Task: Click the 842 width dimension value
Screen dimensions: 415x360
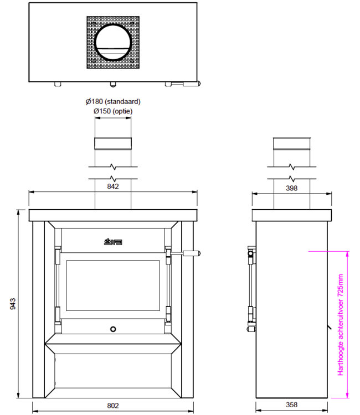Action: click(113, 187)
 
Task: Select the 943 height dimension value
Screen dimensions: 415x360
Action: click(13, 304)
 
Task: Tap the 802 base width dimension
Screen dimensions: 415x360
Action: click(113, 406)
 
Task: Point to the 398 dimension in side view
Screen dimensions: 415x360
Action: click(291, 188)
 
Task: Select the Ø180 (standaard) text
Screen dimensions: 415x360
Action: click(113, 102)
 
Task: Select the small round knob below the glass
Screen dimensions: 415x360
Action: click(113, 329)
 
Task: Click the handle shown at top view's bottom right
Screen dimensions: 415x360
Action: click(186, 84)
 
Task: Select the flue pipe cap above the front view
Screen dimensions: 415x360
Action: click(113, 144)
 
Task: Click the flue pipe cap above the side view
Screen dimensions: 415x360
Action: click(291, 144)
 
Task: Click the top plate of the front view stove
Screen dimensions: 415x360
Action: click(113, 215)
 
